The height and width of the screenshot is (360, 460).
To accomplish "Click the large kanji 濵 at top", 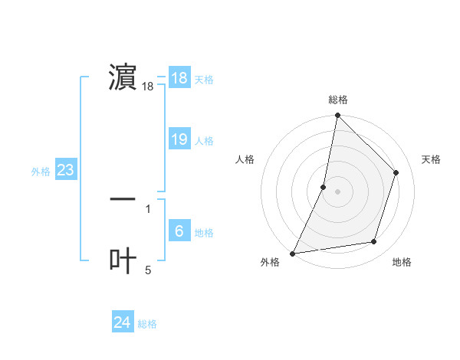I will (x=123, y=78).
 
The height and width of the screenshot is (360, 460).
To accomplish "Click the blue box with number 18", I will (x=179, y=78).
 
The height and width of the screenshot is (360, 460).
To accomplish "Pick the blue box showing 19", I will (x=179, y=139).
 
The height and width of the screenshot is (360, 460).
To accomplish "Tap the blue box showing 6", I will (x=179, y=231).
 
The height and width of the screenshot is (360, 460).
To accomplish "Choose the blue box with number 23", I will (x=66, y=170).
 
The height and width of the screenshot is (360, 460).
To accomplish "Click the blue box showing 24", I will (x=123, y=322).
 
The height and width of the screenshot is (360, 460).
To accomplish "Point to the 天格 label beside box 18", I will (x=204, y=80).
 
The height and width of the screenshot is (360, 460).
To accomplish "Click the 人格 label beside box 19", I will (x=204, y=141).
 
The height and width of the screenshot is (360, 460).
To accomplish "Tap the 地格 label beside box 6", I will (x=204, y=233).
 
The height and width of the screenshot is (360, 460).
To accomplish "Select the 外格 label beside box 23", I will (x=41, y=172).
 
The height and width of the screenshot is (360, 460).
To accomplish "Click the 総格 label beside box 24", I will (x=147, y=324).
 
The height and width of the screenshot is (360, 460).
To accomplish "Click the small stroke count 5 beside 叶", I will (x=148, y=270).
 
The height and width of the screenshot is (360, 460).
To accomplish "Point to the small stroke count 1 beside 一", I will (x=148, y=208).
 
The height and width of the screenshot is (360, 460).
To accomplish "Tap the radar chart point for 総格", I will (x=337, y=115).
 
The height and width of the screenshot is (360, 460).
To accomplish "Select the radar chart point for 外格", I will (x=292, y=254).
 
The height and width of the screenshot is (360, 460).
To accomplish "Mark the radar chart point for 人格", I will (x=324, y=186).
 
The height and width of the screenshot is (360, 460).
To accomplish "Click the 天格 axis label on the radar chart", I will (x=431, y=159).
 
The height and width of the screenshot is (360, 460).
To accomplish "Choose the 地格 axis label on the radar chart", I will (x=402, y=263).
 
